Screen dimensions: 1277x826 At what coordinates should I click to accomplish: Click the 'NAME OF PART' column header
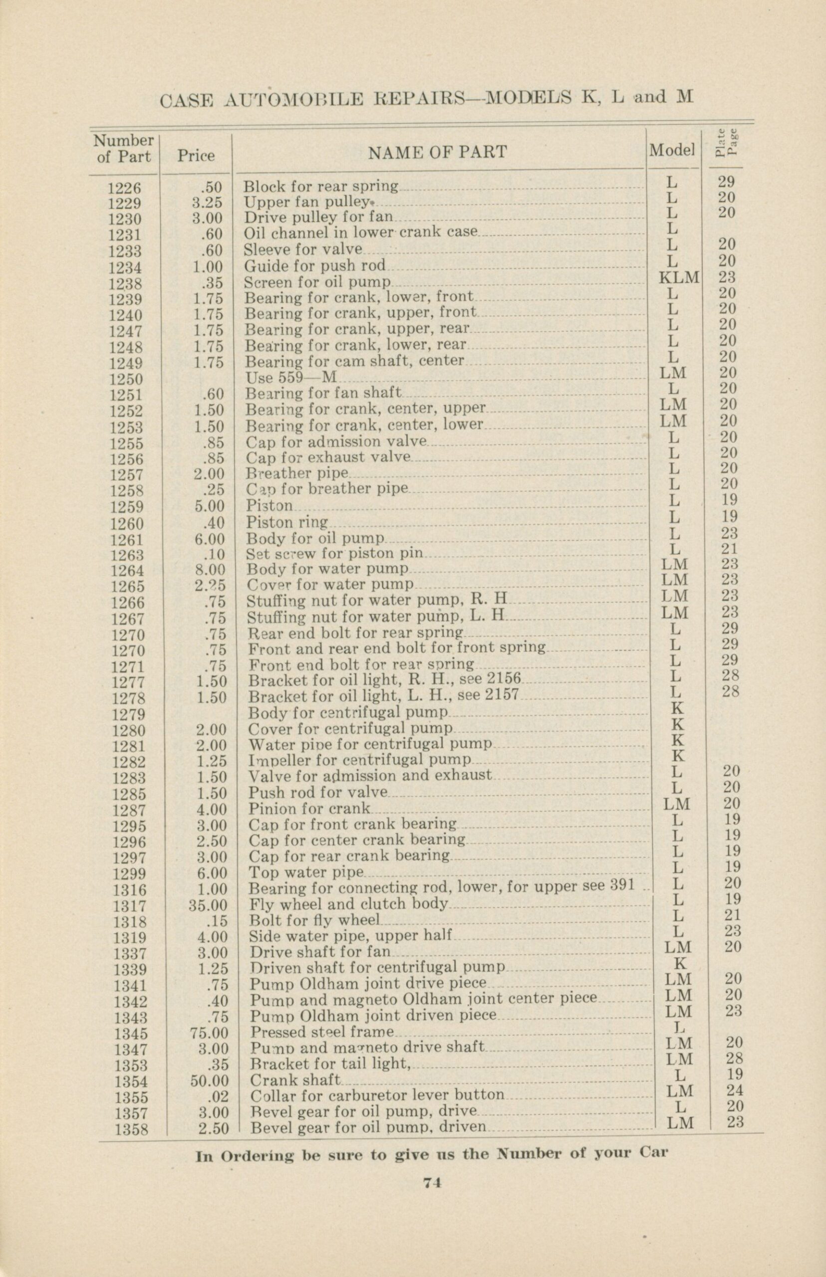(437, 152)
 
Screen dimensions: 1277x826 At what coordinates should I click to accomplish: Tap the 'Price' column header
(196, 156)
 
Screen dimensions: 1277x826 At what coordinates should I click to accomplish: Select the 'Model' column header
(673, 151)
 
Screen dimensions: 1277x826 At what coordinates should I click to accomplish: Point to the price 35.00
(209, 905)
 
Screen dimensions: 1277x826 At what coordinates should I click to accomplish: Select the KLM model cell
(680, 277)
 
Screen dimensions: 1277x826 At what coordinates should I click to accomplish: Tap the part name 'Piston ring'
(286, 522)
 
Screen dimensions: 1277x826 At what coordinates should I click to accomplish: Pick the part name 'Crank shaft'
(295, 1080)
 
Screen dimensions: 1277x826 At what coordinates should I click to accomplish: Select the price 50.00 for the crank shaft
(209, 1081)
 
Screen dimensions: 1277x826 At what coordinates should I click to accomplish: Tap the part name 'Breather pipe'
(296, 473)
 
